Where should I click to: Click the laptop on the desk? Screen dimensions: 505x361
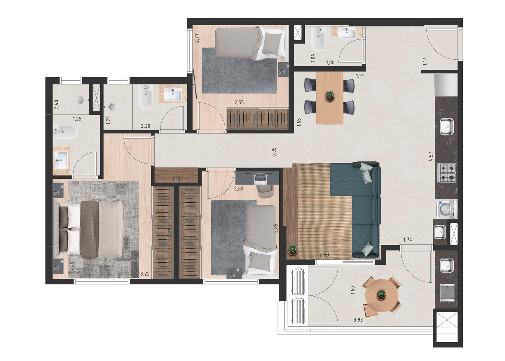pyautogui.click(x=260, y=178)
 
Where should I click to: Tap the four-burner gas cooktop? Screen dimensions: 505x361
pyautogui.click(x=446, y=173)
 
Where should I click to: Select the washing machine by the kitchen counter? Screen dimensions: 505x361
pyautogui.click(x=447, y=209)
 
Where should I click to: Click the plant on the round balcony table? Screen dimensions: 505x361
pyautogui.click(x=381, y=294)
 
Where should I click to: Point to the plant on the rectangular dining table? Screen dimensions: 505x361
pyautogui.click(x=330, y=95)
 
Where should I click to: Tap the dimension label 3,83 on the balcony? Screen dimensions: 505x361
pyautogui.click(x=358, y=320)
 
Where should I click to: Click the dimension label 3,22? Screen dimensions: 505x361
pyautogui.click(x=145, y=274)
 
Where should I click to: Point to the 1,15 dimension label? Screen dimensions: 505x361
pyautogui.click(x=176, y=180)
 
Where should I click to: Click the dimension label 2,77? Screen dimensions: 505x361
pyautogui.click(x=197, y=38)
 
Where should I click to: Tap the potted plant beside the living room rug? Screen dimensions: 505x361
pyautogui.click(x=293, y=250)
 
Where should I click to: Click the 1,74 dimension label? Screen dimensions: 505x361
pyautogui.click(x=408, y=240)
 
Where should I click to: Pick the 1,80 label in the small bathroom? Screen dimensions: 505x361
pyautogui.click(x=330, y=63)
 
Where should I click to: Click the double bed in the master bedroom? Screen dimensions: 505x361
pyautogui.click(x=88, y=229)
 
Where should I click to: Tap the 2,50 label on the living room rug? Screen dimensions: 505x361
pyautogui.click(x=324, y=255)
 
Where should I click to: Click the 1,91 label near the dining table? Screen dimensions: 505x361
pyautogui.click(x=360, y=76)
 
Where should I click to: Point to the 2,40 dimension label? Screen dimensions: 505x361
pyautogui.click(x=57, y=105)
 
